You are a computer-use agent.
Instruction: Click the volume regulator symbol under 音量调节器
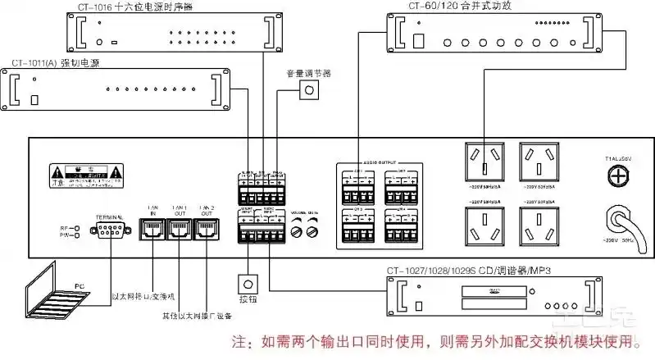coord(309,89)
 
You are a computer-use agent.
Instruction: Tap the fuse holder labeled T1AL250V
coord(617,175)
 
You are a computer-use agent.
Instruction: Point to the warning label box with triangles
coord(85,176)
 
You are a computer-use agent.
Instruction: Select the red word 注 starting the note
coord(239,340)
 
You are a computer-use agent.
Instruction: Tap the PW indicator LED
coord(75,235)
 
